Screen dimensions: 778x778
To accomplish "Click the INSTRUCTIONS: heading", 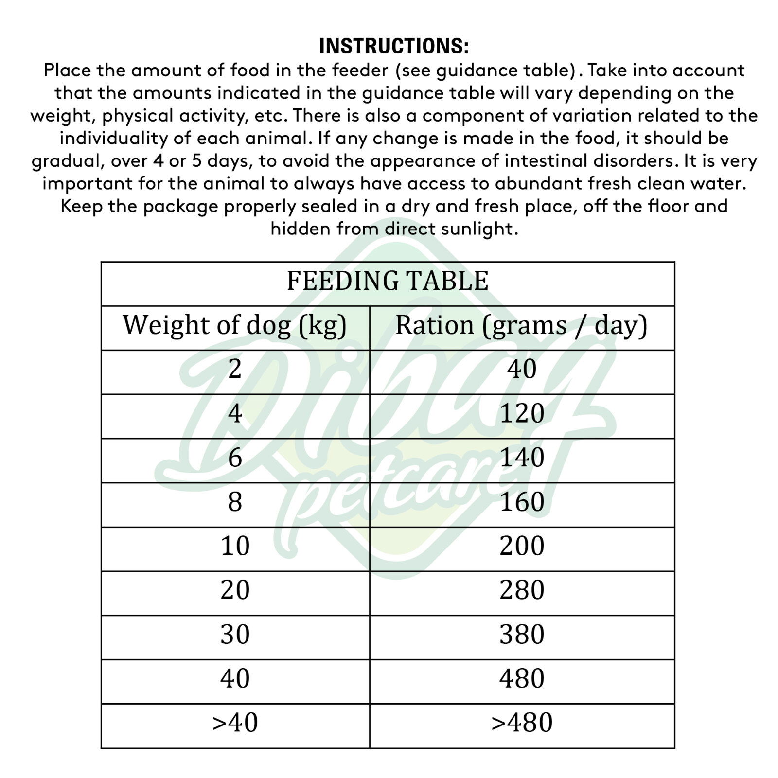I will pos(394,46).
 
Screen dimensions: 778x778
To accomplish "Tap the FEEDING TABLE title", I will pos(388,281).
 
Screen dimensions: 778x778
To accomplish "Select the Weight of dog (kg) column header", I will pos(234,325).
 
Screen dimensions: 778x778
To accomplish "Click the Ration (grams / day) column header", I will pos(521,325).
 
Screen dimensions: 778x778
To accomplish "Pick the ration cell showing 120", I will pos(522,414).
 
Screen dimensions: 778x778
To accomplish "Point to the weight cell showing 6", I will pos(235,458).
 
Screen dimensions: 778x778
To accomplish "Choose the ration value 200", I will pos(522,546).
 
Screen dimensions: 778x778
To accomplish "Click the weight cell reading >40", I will pos(235,723).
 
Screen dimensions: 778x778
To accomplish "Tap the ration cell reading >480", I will pos(522,723).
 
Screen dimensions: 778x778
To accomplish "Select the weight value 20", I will pos(235,590).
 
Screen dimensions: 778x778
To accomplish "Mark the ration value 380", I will pos(522,635).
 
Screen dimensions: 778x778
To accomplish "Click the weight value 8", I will pos(235,502).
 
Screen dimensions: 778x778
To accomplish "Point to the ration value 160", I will pos(522,502).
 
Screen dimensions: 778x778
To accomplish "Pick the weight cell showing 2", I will pos(235,370).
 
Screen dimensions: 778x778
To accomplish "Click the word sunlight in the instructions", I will pos(478,229).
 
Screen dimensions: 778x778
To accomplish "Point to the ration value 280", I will pos(522,590).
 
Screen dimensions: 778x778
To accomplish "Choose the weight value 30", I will pos(235,635).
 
